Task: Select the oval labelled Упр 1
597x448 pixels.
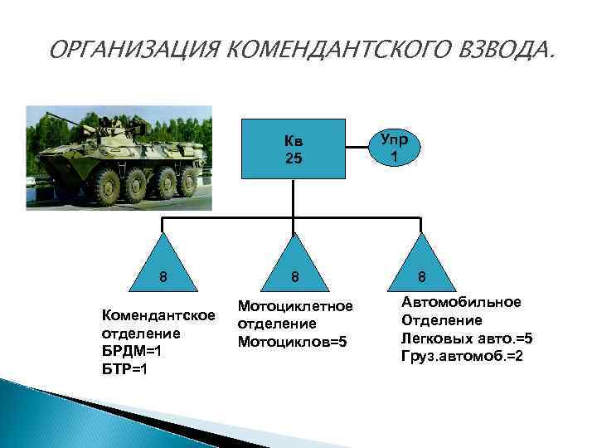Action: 394,146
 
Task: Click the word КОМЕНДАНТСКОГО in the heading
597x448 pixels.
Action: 323,53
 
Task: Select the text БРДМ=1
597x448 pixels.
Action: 129,351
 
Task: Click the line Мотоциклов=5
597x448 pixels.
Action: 292,343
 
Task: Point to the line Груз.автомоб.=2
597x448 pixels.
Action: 464,356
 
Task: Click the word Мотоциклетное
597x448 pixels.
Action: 295,307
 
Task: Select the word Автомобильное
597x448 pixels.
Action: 461,302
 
